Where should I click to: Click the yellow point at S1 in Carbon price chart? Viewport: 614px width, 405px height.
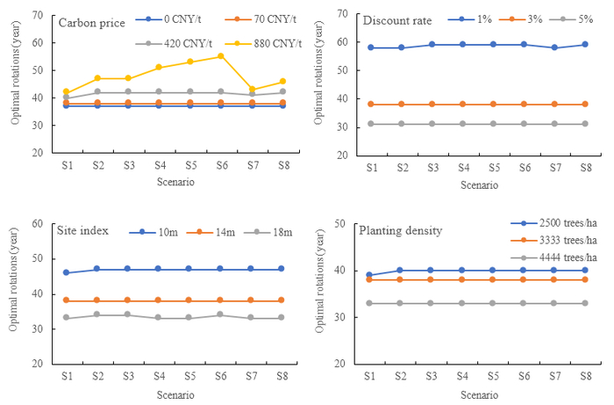pyautogui.click(x=66, y=91)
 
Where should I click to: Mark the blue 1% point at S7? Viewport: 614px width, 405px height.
pyautogui.click(x=553, y=47)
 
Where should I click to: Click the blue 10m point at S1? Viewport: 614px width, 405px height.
pyautogui.click(x=66, y=272)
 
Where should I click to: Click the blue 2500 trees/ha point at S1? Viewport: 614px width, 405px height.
pyautogui.click(x=369, y=275)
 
